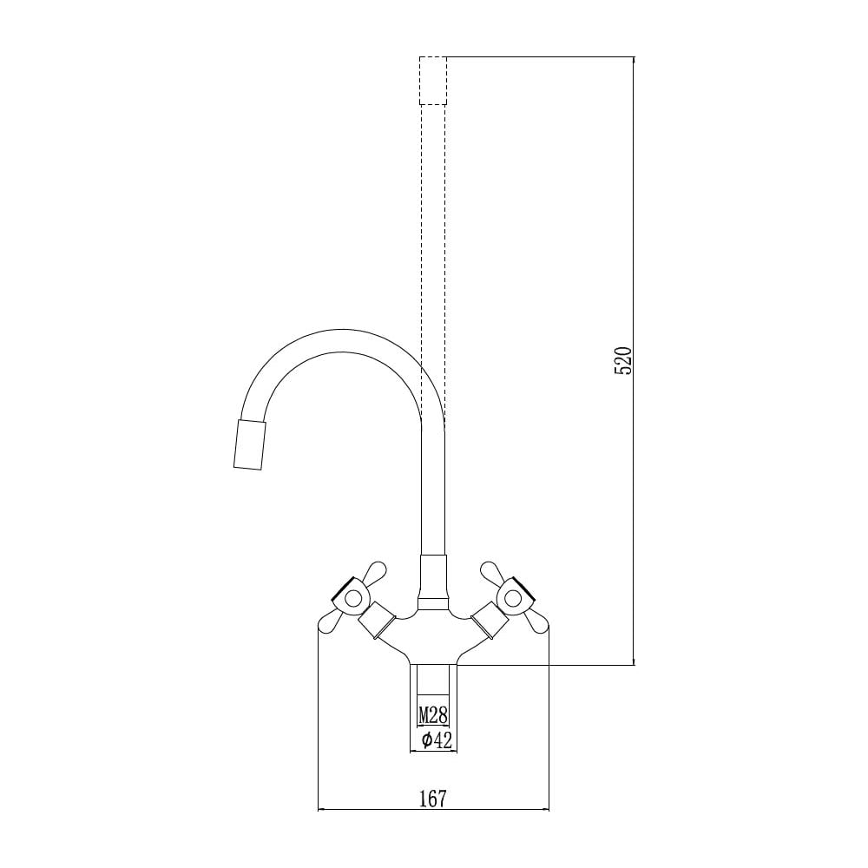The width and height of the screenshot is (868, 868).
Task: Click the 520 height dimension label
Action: pos(623,360)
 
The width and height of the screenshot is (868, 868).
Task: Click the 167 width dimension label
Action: pos(432,799)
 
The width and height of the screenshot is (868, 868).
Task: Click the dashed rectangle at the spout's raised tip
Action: pos(433,80)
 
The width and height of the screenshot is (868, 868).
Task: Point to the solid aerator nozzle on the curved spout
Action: pos(249,444)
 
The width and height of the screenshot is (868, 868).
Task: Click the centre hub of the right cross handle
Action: pos(513,598)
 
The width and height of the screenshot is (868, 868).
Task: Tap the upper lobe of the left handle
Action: pos(376,572)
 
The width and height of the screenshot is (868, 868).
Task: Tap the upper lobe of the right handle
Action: pos(491,572)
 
